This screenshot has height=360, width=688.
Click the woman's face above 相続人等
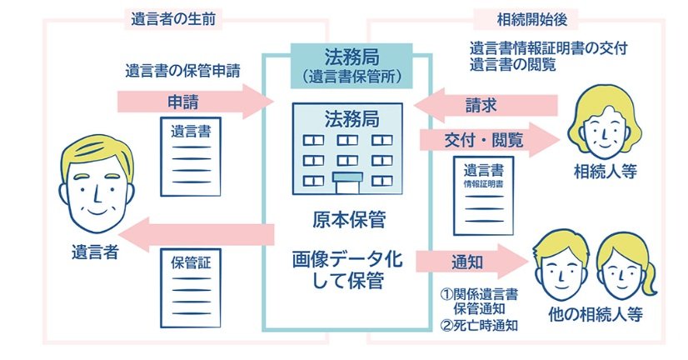pyautogui.click(x=606, y=125)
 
